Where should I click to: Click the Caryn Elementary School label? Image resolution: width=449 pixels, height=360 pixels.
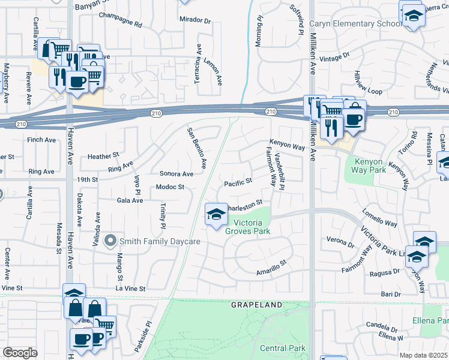pos(356,24)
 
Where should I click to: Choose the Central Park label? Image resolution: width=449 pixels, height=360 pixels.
pos(283,348)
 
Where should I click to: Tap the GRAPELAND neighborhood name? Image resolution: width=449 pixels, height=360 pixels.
pos(257,305)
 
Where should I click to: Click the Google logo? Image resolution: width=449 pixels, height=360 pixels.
pos(20,353)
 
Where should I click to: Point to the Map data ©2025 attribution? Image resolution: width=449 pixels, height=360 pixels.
pos(423,355)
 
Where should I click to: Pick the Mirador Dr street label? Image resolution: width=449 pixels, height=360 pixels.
pos(196,20)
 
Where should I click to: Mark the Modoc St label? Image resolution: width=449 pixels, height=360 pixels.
pos(169,187)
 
